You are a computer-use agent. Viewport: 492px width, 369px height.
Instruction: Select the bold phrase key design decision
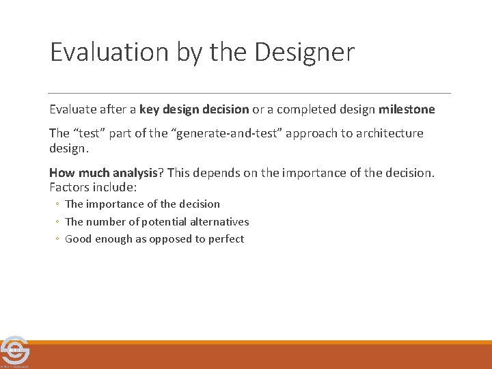point(194,109)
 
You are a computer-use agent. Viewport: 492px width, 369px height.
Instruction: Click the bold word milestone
point(407,109)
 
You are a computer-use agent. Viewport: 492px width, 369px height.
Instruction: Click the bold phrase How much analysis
point(103,173)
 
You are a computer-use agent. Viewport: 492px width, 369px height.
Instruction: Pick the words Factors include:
point(93,186)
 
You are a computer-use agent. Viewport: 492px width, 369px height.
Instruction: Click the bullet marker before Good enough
point(58,239)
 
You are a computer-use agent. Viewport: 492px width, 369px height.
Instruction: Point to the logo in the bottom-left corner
point(14,351)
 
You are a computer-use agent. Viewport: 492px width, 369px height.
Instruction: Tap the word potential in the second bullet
point(162,221)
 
